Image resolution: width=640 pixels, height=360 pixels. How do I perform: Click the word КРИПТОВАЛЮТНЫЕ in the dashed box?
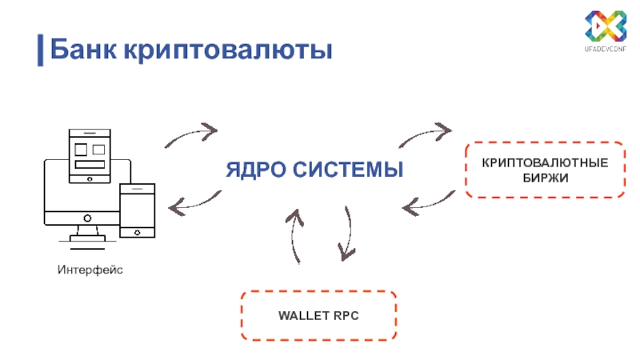point(544,163)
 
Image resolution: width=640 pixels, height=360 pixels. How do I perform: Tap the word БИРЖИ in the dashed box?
point(544,178)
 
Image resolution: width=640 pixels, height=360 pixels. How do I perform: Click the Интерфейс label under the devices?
point(90,269)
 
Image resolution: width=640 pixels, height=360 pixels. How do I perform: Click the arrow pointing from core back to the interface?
point(194,202)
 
